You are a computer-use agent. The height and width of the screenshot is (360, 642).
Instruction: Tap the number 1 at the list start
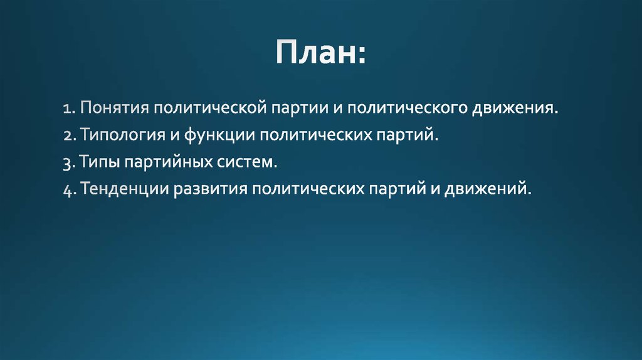coord(66,108)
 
